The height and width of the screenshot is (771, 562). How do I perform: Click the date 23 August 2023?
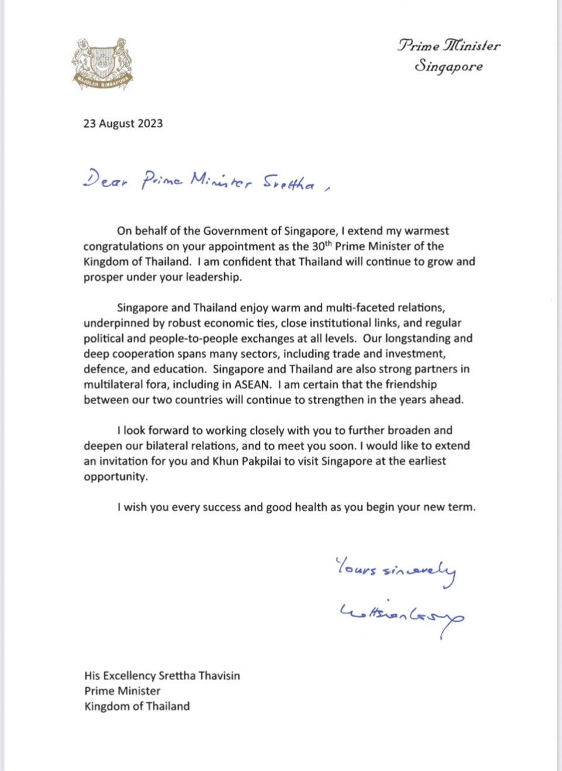pos(123,124)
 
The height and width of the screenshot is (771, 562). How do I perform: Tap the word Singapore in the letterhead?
pos(449,66)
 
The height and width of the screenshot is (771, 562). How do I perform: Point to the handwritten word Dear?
pos(105,180)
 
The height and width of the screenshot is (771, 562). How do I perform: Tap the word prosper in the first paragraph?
pos(103,277)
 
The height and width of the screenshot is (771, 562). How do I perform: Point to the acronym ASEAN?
pos(252,385)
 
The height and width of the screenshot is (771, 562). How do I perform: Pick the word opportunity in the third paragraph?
pos(115,477)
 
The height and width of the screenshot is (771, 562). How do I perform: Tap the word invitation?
pos(123,461)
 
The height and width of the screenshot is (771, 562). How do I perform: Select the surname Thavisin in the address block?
pos(219,676)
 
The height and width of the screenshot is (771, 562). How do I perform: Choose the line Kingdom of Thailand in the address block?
pos(137,706)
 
